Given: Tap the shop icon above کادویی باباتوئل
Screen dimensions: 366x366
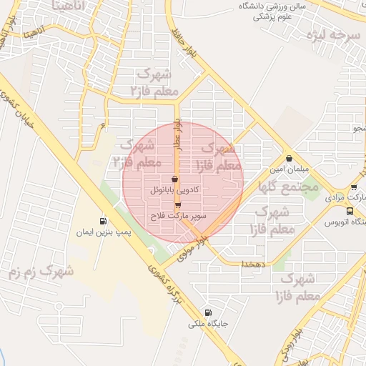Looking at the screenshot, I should click(x=175, y=179).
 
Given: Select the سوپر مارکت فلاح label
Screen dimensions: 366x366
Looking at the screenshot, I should click(x=178, y=214).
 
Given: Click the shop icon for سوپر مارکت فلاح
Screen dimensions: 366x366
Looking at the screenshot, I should click(x=178, y=204).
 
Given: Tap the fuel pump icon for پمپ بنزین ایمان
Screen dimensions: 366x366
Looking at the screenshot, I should click(x=103, y=221).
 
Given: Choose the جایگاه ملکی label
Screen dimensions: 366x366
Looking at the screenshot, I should click(x=208, y=324).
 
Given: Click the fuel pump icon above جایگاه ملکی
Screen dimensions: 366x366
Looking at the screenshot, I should click(x=208, y=312).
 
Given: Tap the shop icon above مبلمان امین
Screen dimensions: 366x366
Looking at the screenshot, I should click(x=289, y=158).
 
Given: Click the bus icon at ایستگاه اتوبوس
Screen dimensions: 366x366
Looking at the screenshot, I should click(x=350, y=211).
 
